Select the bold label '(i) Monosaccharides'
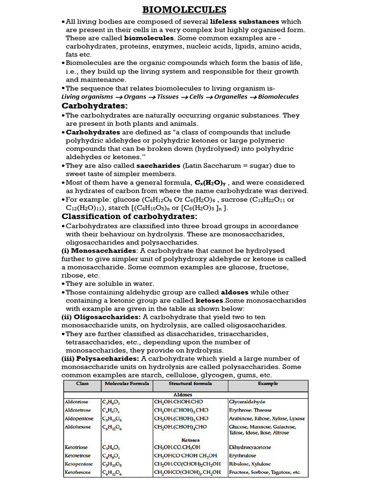click(x=98, y=251)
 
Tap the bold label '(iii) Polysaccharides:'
click(x=100, y=358)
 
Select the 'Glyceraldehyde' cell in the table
click(x=247, y=402)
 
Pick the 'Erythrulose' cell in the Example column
click(x=243, y=455)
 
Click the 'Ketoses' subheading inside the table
click(x=190, y=440)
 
